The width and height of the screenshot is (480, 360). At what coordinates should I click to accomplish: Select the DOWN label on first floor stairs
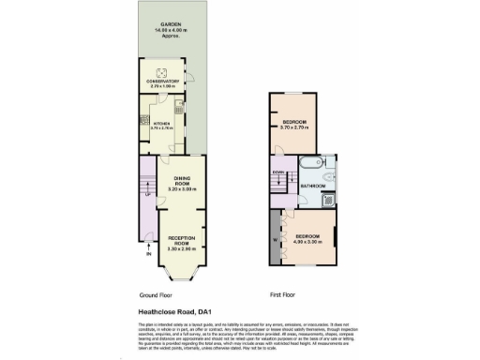coord(278,172)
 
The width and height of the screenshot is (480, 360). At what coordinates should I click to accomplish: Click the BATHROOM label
coord(312,187)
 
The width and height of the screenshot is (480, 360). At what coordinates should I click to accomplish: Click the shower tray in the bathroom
coord(329,199)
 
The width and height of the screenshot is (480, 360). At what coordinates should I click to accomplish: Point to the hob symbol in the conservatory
coord(161,72)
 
